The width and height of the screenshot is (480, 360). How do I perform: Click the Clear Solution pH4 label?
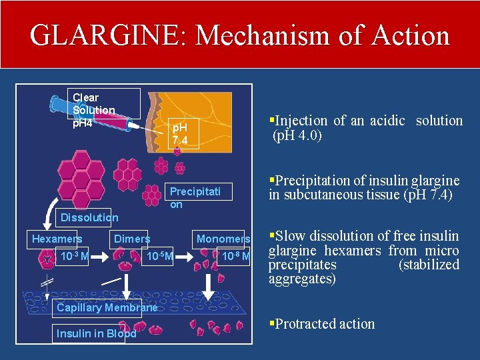pyautogui.click(x=93, y=110)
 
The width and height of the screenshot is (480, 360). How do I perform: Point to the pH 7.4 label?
pyautogui.click(x=180, y=133)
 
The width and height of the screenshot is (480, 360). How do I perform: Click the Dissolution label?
pyautogui.click(x=89, y=217)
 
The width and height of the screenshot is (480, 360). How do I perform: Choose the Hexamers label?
pyautogui.click(x=57, y=239)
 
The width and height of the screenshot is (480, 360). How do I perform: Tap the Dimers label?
pyautogui.click(x=132, y=239)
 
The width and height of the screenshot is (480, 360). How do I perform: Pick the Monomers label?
pyautogui.click(x=223, y=239)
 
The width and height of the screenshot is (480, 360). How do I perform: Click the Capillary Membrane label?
pyautogui.click(x=107, y=307)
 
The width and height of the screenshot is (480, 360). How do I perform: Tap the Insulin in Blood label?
pyautogui.click(x=96, y=333)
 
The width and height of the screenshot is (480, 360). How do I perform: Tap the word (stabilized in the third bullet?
pyautogui.click(x=429, y=265)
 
